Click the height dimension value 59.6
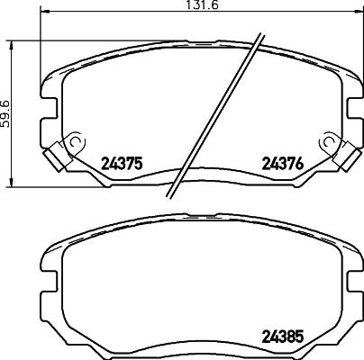[6, 113]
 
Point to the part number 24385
[281, 341]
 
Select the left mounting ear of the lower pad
[45, 271]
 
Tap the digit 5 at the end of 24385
[298, 341]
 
